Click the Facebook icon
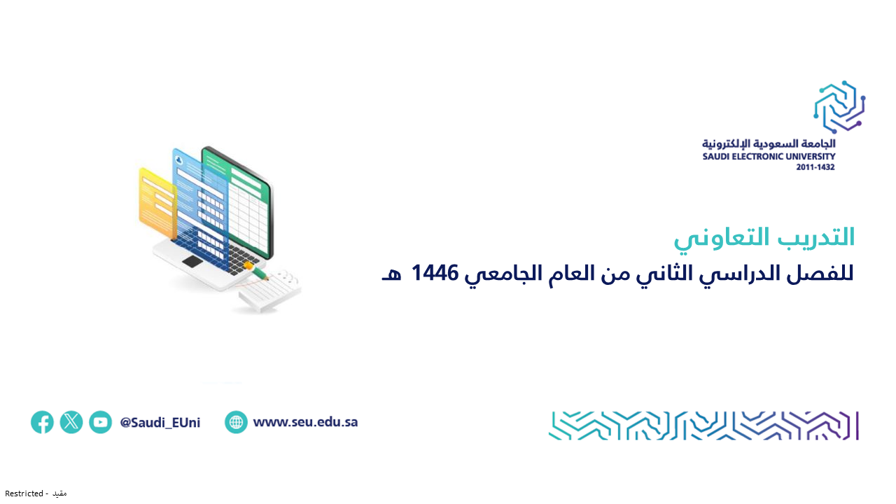coord(42,422)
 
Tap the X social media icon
coord(71,422)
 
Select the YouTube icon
coord(100,422)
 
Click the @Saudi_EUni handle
coord(160,423)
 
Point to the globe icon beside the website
coord(236,422)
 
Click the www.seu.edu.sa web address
coord(306,422)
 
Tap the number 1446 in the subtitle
coord(435,273)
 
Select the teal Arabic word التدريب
coord(816,237)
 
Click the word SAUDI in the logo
coord(716,156)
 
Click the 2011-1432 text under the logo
coord(815,167)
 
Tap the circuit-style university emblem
coord(839,107)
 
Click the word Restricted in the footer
coord(24,493)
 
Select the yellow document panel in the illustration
coord(157,204)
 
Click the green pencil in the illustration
coord(257,272)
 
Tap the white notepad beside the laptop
coord(270,290)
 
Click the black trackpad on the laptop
coord(192,262)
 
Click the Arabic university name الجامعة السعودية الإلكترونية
coord(769,143)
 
